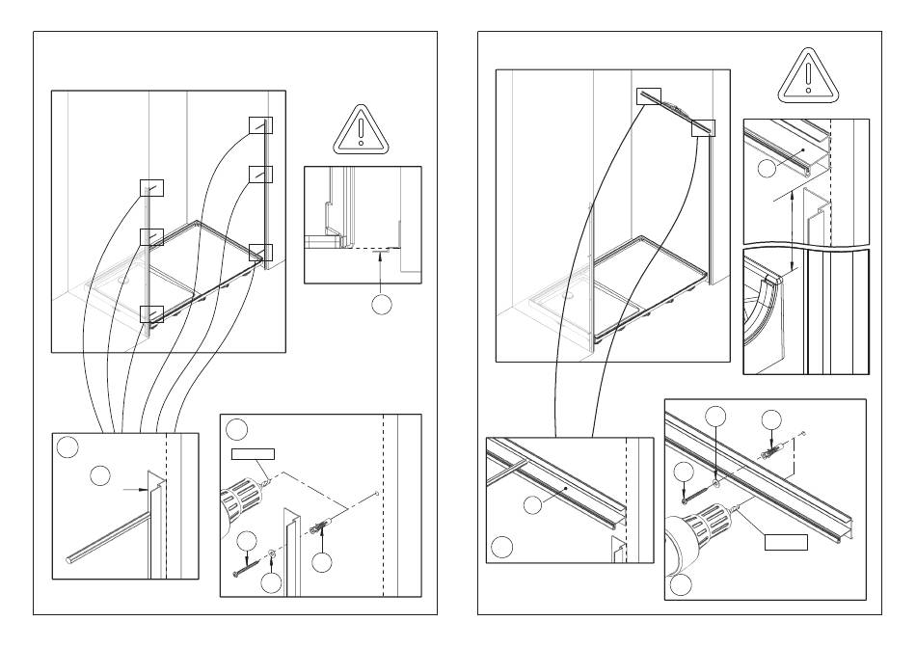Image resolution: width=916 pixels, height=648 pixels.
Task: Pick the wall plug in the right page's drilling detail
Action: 771,451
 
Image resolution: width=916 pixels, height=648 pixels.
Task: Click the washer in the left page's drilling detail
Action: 274,555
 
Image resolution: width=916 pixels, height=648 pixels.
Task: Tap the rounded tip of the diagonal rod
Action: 67,558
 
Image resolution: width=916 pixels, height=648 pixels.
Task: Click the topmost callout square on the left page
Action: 260,124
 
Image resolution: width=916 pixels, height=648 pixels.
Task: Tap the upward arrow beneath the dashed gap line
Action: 382,271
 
